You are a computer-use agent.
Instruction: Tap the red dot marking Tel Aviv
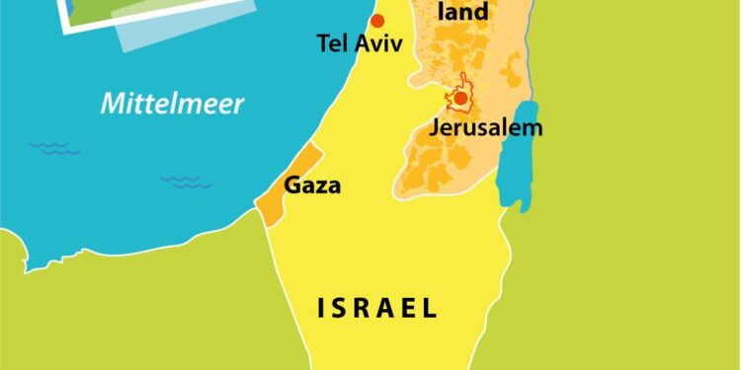[x=376, y=21]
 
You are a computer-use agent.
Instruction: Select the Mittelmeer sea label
[x=173, y=104]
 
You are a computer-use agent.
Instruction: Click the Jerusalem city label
[x=485, y=128]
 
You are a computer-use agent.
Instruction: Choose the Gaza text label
[x=312, y=185]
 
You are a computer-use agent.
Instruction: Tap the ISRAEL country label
[x=377, y=308]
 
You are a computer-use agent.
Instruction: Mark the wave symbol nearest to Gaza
[x=185, y=182]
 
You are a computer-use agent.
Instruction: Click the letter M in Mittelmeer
[x=112, y=104]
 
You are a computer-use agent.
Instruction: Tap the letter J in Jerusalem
[x=435, y=128]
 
